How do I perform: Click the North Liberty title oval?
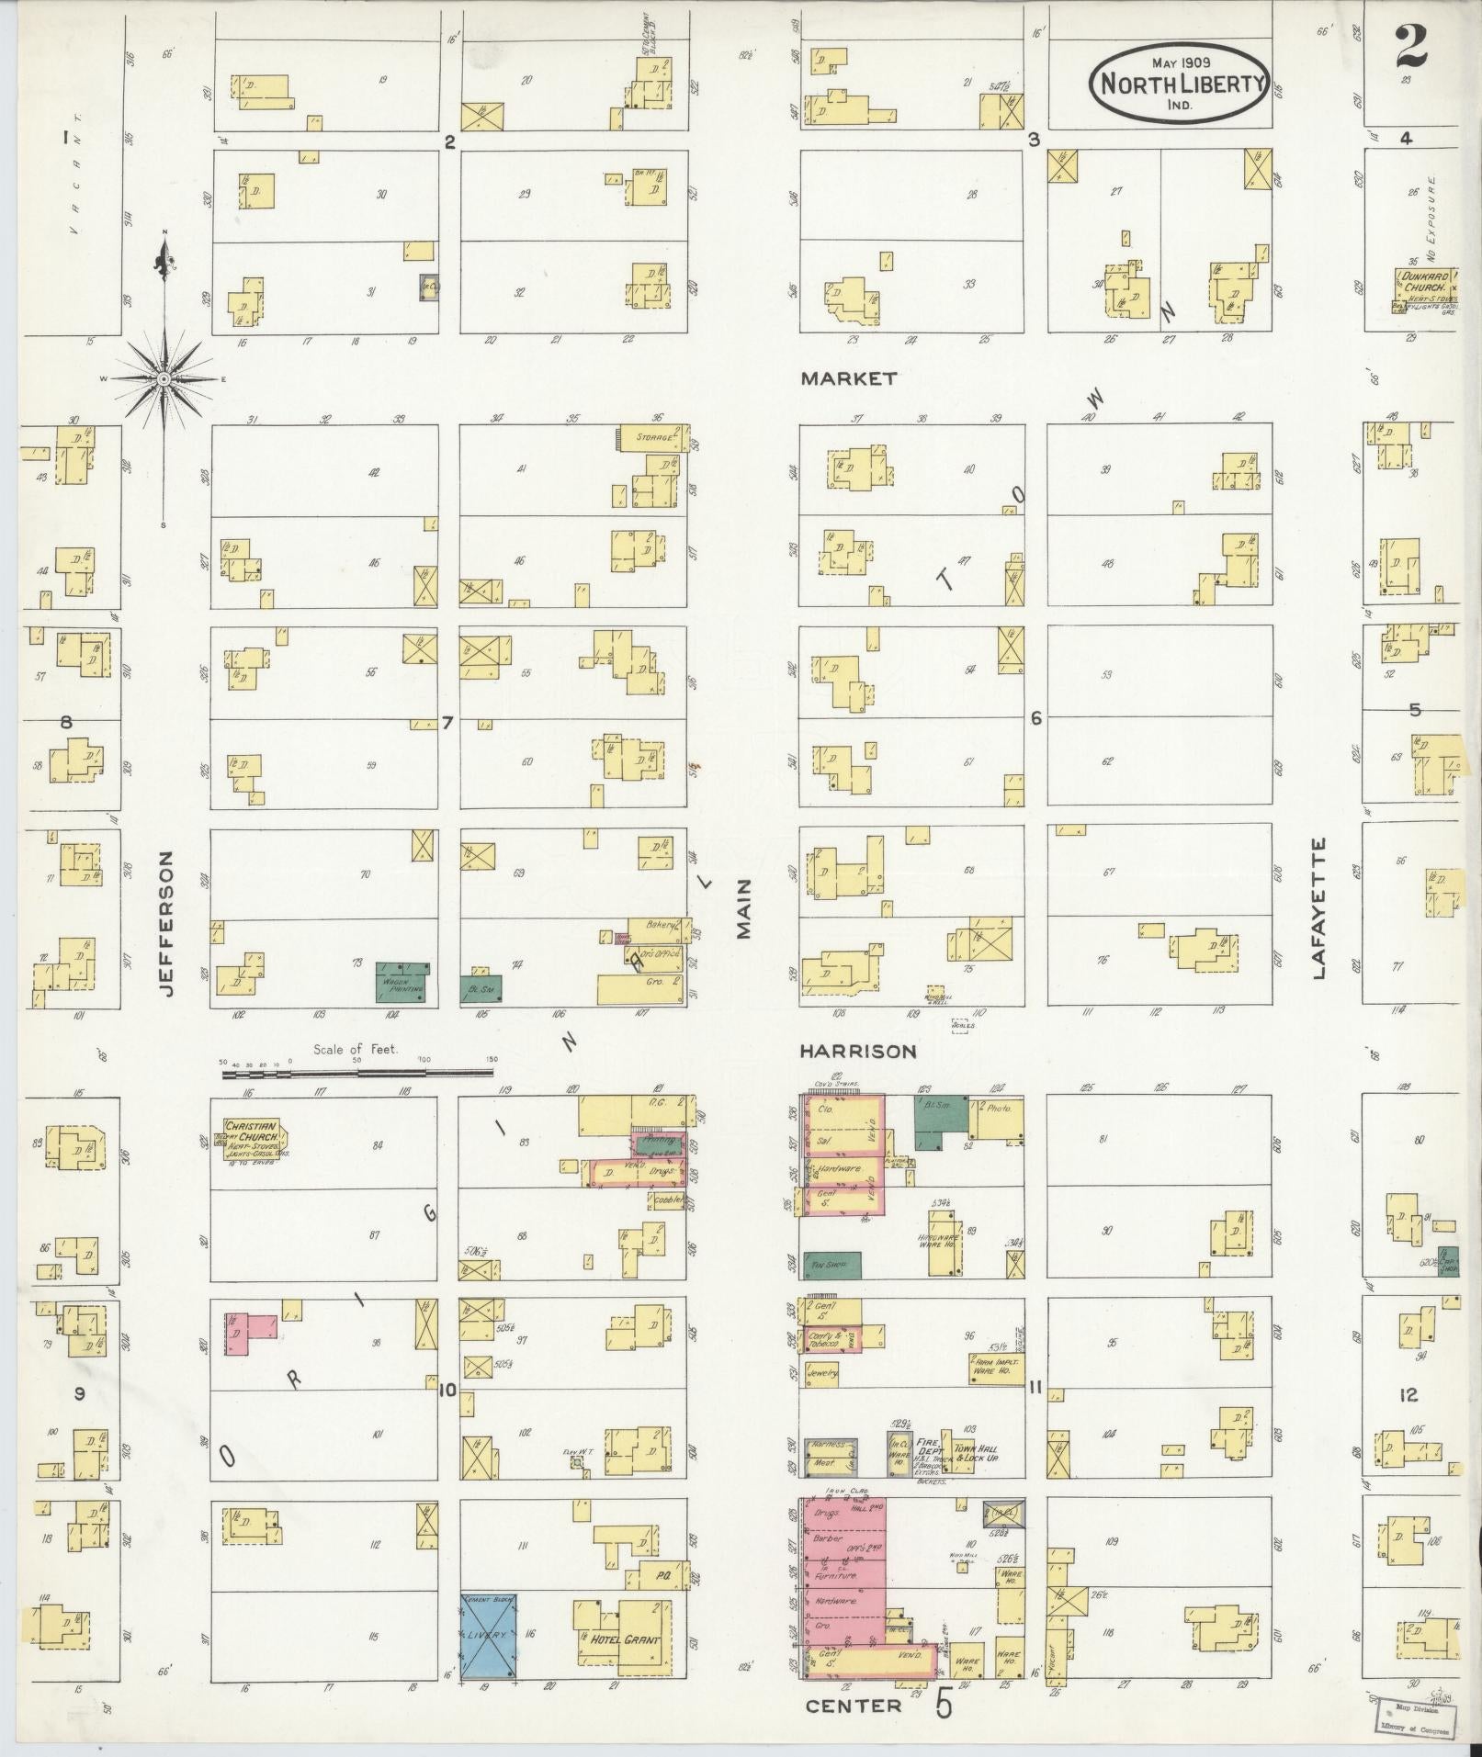pos(1179,84)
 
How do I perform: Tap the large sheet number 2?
pos(1410,47)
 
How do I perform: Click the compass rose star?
pos(164,378)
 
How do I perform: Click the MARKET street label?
pos(848,378)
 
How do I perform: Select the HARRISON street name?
pos(857,1051)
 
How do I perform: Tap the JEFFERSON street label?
pos(165,923)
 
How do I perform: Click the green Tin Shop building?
pos(832,1265)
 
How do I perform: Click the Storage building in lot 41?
pos(650,438)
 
